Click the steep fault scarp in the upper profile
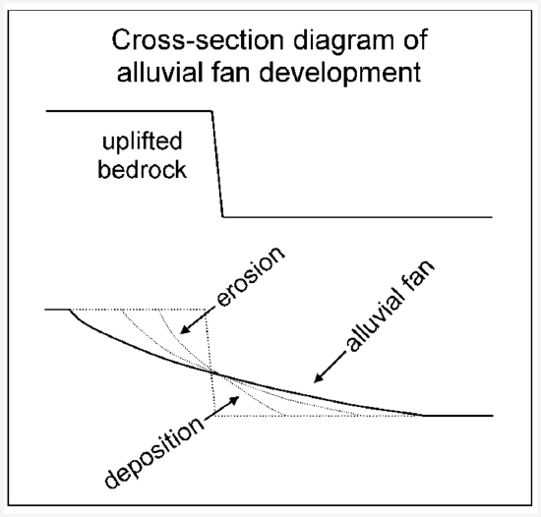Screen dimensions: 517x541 217,164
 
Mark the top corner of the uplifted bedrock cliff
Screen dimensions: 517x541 211,111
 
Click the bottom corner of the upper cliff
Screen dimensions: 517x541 224,216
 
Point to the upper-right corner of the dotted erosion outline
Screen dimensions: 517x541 207,310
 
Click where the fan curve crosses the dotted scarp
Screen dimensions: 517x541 211,370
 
